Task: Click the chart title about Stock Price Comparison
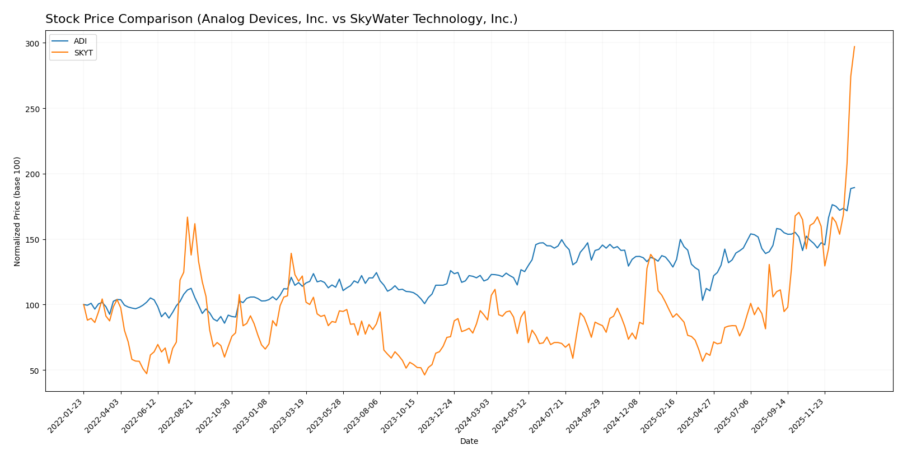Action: pyautogui.click(x=281, y=19)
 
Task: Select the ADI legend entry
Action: pyautogui.click(x=80, y=41)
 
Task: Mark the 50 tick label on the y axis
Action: pyautogui.click(x=35, y=370)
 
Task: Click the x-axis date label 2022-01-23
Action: pyautogui.click(x=67, y=417)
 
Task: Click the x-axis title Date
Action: pyautogui.click(x=469, y=442)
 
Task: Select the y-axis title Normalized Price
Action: pyautogui.click(x=17, y=211)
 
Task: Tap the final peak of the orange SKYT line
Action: pyautogui.click(x=854, y=47)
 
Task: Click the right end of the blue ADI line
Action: pyautogui.click(x=854, y=188)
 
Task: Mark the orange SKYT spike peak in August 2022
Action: pyautogui.click(x=188, y=217)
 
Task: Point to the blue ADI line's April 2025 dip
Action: pyautogui.click(x=703, y=300)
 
